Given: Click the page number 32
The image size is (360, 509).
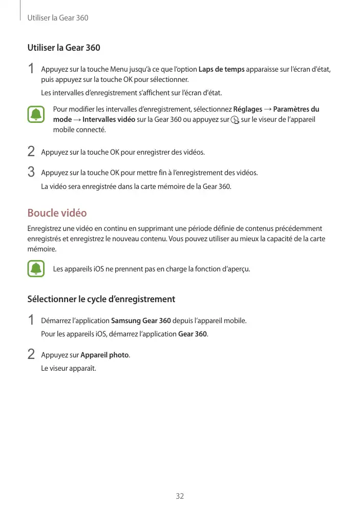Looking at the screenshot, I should tap(180, 496).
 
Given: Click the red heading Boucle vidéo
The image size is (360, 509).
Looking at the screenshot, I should tap(57, 213).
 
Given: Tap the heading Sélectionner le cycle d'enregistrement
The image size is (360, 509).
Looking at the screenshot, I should tap(101, 299).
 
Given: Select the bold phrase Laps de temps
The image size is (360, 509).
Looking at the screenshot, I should tap(221, 69).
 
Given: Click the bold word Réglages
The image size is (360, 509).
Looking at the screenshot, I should tap(248, 109).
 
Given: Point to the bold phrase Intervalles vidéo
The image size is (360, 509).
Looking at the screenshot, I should tap(109, 119).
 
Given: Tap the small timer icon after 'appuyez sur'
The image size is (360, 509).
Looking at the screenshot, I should tap(235, 120).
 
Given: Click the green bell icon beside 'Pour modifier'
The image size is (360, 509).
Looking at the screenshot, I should tap(36, 114).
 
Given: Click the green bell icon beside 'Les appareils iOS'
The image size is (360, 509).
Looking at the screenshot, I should tap(36, 268).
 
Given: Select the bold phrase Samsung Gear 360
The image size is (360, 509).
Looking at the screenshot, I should tap(141, 321).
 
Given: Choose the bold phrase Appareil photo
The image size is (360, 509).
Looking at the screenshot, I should tap(104, 355).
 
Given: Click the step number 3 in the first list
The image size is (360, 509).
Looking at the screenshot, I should tap(31, 172).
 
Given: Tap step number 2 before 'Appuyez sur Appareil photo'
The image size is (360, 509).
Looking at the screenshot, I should tap(31, 354).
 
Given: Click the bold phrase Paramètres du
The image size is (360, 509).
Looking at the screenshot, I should tap(297, 109).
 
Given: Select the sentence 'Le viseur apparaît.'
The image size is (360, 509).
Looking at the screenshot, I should tap(68, 368).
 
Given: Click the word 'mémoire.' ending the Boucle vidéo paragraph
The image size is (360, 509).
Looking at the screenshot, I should tap(42, 249).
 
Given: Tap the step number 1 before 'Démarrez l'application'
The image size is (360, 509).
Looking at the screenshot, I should tap(31, 321).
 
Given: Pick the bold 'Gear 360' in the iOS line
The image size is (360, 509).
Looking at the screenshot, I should tap(193, 334).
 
